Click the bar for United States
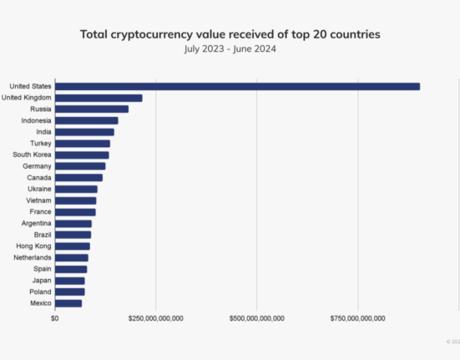(x=237, y=86)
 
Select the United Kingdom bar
(x=99, y=98)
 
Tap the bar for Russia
(x=92, y=109)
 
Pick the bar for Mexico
(x=68, y=303)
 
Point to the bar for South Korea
(x=82, y=155)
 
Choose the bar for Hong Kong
(x=73, y=246)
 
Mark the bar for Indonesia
(x=87, y=120)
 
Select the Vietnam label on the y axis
(x=38, y=200)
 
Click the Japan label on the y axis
(x=41, y=281)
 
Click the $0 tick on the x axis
(x=55, y=318)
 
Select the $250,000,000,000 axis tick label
(x=156, y=318)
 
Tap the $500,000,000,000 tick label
(x=257, y=318)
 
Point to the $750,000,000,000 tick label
(x=358, y=318)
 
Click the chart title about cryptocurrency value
(x=230, y=34)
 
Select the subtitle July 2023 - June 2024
(x=230, y=48)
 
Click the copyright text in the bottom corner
(x=452, y=341)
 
